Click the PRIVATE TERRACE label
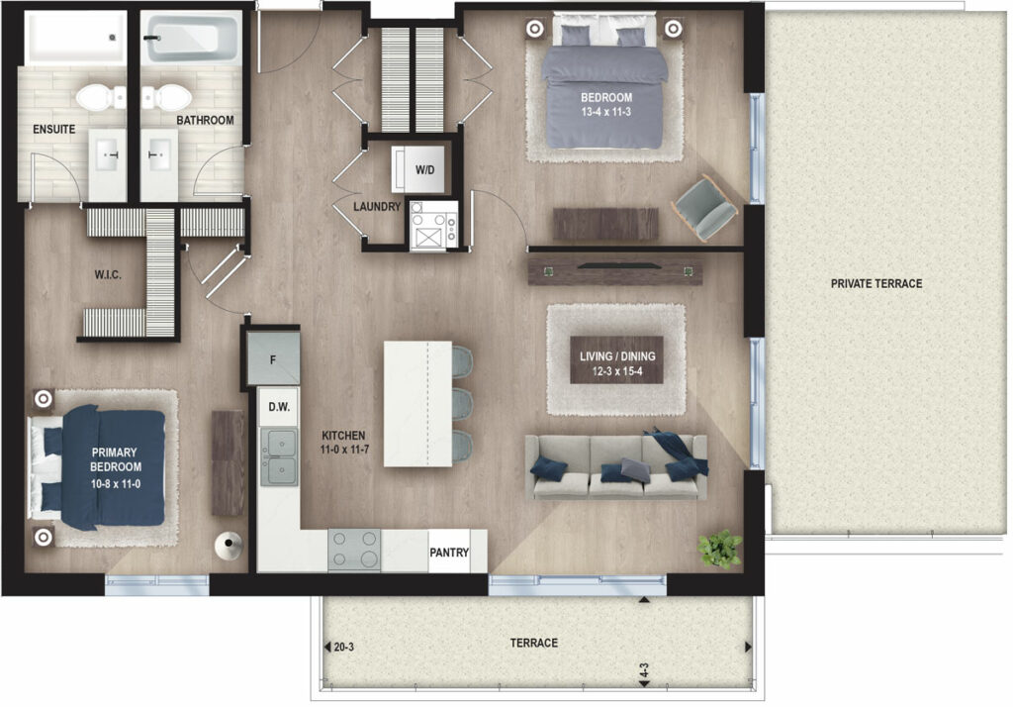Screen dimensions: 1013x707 [x=876, y=283]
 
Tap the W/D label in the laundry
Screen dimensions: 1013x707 [x=424, y=170]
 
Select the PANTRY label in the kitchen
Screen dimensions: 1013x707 [x=449, y=553]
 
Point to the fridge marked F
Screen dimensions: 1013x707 [x=273, y=359]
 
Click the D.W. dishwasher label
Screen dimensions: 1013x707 [x=279, y=407]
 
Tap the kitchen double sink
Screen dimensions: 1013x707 [x=279, y=456]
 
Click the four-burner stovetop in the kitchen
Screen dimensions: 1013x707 [x=354, y=550]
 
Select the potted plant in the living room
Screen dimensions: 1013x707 [x=720, y=549]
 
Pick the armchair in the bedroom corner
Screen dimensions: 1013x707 [x=704, y=207]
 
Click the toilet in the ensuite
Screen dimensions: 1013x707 [x=101, y=98]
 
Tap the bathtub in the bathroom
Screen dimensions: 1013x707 [x=191, y=39]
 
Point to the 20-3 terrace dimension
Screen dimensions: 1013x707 [x=343, y=647]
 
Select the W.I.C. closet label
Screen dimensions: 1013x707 [x=108, y=275]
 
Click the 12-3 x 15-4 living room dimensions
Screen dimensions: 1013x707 [x=617, y=371]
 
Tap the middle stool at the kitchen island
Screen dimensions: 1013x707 [x=461, y=404]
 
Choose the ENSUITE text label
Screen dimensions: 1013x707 [x=54, y=130]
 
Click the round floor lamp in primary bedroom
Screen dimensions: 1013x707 [x=229, y=546]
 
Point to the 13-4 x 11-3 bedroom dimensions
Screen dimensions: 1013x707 [x=606, y=112]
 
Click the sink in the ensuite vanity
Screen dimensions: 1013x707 [x=107, y=155]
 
